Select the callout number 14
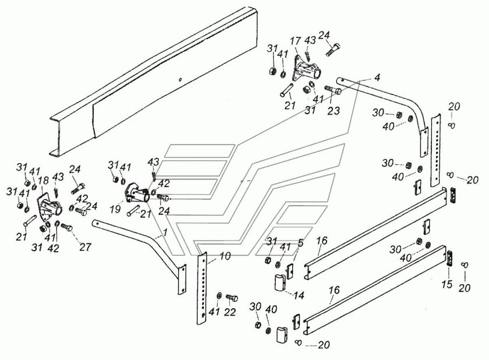299,295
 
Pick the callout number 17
295,41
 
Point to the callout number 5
300,242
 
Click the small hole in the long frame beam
181,80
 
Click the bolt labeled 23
333,91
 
